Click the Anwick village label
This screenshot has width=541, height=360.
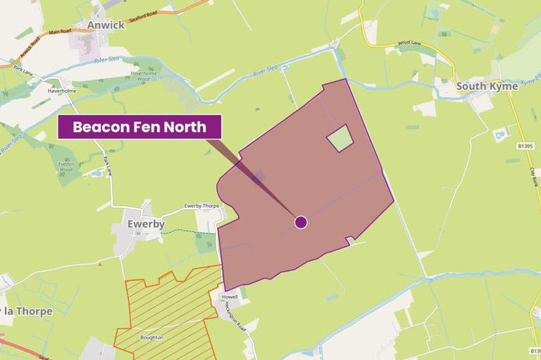tap(106, 25)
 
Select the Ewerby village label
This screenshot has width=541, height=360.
tap(146, 224)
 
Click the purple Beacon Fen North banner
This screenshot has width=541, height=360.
tap(139, 127)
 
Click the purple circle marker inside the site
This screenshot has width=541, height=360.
tap(301, 222)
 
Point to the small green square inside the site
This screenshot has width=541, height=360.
tap(340, 138)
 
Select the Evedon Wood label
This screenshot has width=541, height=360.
tap(66, 166)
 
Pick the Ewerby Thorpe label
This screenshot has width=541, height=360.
tap(202, 206)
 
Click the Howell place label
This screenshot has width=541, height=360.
tap(230, 297)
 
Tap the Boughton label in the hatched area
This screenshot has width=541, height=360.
tap(151, 337)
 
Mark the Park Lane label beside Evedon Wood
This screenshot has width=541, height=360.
tap(108, 166)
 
